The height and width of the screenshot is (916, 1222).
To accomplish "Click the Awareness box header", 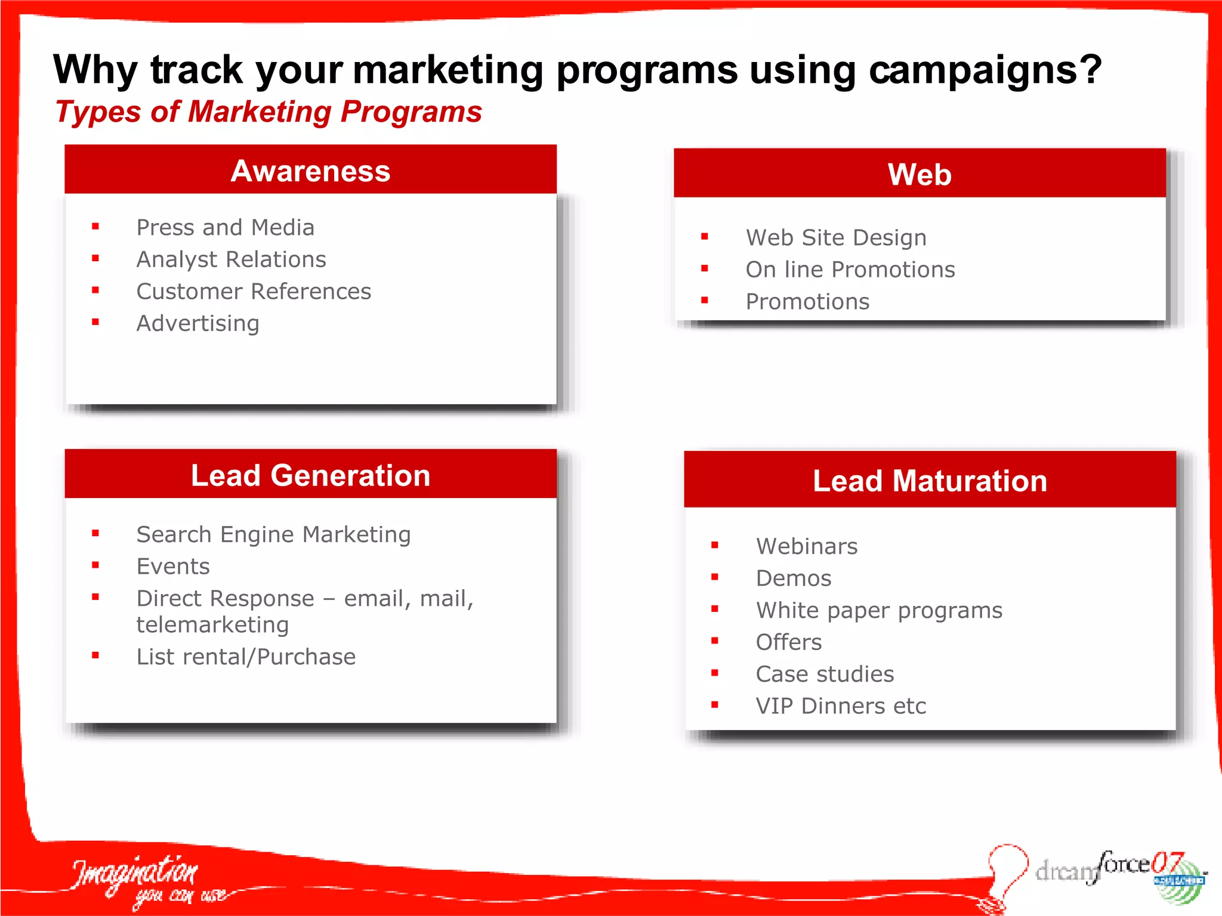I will pos(310,171).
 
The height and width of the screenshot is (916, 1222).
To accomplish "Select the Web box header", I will pos(919,174).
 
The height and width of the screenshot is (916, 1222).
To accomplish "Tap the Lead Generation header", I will pos(310,475).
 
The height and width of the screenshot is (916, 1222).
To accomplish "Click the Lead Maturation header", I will pos(930,481).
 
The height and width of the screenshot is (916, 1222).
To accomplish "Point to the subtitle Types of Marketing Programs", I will pos(269,112).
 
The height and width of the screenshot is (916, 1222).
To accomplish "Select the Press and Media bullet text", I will pos(225,228).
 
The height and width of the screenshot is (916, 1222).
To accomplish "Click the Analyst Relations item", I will pos(231,259).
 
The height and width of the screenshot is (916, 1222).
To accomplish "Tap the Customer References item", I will pos(254,292).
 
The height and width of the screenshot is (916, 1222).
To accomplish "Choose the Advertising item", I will pos(198,324).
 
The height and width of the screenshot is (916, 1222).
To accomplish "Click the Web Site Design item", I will pos(836,238).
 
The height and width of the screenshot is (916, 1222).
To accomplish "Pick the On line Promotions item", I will pos(850,270).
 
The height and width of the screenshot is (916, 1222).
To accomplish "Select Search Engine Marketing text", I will pos(273,535).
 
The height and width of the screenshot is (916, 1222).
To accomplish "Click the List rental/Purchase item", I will pos(246,657).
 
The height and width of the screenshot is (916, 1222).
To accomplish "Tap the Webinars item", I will pos(806,546).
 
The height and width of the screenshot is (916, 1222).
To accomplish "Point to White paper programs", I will pos(879,611).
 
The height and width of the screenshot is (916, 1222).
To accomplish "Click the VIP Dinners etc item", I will pos(840,706).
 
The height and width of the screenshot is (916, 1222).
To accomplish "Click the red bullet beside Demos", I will pos(715,577).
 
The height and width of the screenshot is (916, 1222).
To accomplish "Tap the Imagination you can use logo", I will pos(143,881).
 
